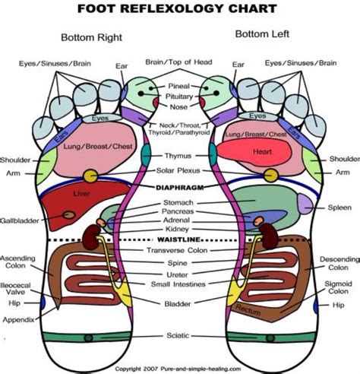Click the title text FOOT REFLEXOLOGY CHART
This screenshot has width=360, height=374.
[x=179, y=10]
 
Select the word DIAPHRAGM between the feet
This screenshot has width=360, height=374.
[x=180, y=186]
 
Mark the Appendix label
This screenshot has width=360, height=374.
[x=18, y=319]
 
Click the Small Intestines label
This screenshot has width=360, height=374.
[x=180, y=285]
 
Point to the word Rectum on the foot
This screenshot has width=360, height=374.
[x=247, y=307]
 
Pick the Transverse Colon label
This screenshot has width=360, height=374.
[x=180, y=250]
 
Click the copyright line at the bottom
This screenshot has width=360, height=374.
[x=180, y=367]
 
